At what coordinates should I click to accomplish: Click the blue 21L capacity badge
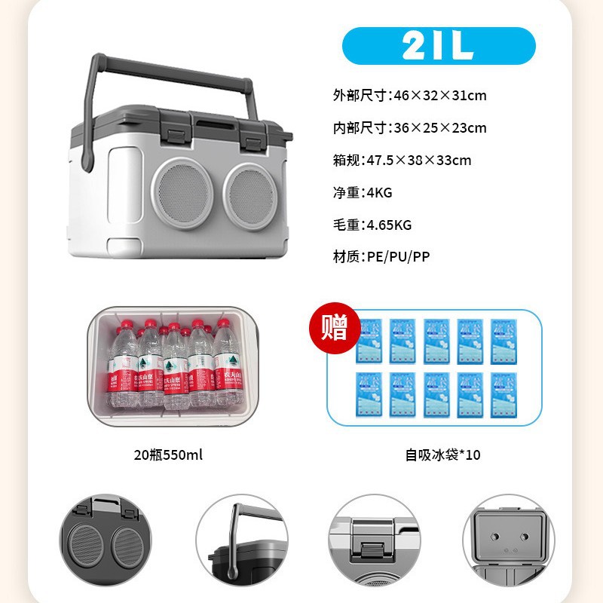click(439, 46)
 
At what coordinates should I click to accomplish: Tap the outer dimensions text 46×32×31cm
click(410, 96)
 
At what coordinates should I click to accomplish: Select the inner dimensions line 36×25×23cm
click(410, 128)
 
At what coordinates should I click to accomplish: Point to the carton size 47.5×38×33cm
click(403, 160)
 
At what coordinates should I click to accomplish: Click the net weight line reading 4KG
click(363, 192)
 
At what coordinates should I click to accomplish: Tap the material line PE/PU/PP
click(381, 256)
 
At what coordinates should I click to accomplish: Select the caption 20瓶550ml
click(168, 455)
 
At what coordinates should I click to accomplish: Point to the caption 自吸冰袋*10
click(442, 455)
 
